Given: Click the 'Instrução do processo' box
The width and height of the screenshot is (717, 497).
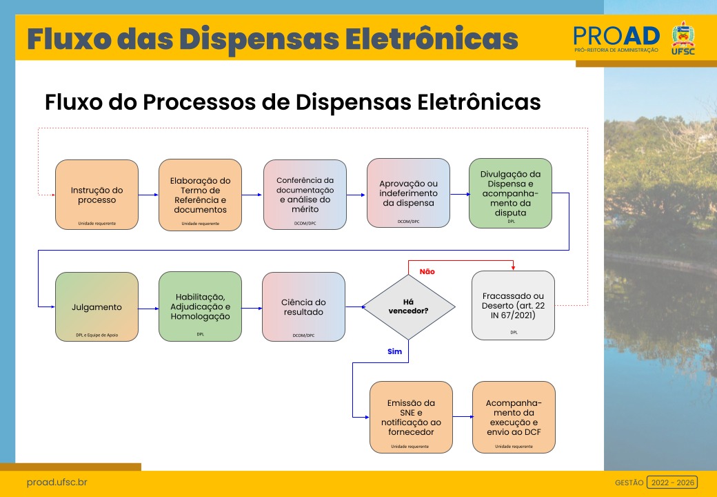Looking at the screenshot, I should coord(97,195).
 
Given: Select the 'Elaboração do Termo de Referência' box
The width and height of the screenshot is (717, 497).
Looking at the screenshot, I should coord(200,195).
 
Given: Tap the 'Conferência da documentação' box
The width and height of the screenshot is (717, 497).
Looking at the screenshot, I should coord(305,195).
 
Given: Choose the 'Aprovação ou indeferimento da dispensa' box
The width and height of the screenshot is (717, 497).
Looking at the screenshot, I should coord(408,193).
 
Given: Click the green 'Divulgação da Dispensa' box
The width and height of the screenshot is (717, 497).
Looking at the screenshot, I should coord(511,193).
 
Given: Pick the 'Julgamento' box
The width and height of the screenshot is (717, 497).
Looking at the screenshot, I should coord(97,306).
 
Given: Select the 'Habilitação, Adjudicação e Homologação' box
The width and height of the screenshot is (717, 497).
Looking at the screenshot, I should coord(200,306).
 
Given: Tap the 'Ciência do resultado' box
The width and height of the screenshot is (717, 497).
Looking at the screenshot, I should coord(303,306).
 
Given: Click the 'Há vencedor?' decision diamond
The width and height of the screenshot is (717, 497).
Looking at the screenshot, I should coord(410,306).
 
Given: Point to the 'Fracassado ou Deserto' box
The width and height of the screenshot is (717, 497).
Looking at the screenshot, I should coord(514,305).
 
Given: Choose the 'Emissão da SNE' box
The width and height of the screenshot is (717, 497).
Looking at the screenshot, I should coord(411,417).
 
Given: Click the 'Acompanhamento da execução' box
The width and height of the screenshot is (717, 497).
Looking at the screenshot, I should coord(514,417).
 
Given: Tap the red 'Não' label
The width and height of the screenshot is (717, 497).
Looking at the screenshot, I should coord(427,272).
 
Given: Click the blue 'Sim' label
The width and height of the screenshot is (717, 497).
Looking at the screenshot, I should coord(394,351).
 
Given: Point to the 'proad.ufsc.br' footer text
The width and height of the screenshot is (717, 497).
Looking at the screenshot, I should coord(57,483).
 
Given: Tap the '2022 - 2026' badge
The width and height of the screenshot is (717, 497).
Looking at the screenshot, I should coord(671,483).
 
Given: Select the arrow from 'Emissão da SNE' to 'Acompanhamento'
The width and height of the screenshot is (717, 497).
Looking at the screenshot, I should coord(463,417).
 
